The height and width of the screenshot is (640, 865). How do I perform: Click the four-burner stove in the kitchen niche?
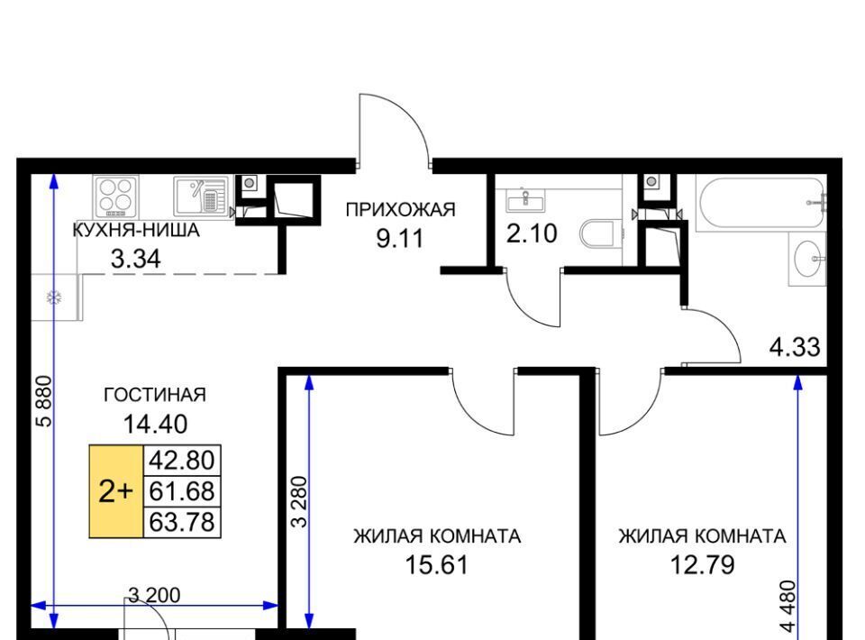coord(115,197)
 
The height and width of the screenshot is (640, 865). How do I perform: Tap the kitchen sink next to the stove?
coord(201,197)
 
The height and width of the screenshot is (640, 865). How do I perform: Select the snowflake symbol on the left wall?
coord(54,298)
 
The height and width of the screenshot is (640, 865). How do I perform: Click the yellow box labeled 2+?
coord(116,491)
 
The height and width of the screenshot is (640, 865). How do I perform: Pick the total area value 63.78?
coord(182,522)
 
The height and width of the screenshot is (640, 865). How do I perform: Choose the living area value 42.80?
coord(182,460)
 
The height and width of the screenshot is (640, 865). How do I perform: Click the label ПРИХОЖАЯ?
coord(400,210)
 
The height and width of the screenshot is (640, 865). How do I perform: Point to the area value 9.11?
coord(400,238)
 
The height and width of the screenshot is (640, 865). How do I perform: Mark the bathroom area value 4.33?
coord(795,348)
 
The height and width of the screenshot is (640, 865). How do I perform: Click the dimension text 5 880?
coord(44,401)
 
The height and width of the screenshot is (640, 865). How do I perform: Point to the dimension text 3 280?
coord(299,501)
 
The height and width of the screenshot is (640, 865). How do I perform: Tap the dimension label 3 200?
coord(154,595)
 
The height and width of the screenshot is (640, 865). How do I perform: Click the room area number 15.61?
coord(436,564)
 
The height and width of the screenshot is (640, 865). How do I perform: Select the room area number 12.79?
coord(702,564)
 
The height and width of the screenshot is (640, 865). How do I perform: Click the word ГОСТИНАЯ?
coord(155,395)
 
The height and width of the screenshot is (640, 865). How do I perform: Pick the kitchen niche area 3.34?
coord(136,259)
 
